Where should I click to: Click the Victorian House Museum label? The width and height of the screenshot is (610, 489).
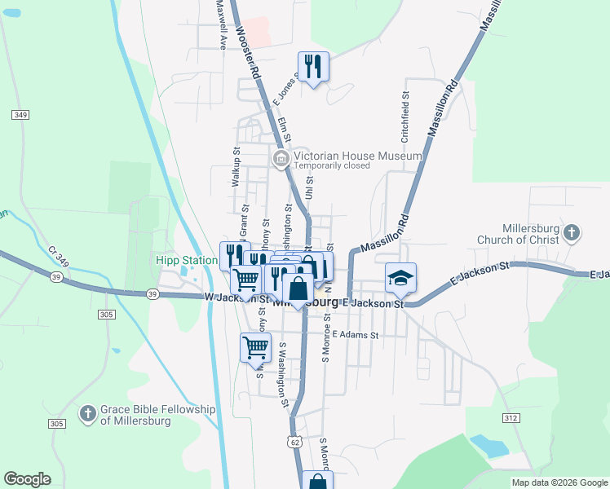(358, 156)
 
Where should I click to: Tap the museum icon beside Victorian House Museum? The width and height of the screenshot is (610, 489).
(281, 157)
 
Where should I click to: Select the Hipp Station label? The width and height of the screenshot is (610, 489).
(187, 261)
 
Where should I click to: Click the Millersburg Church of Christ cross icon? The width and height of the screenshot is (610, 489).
(572, 233)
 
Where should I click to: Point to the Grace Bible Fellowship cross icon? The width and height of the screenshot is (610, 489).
(87, 414)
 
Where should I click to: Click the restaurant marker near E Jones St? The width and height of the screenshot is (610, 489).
(313, 66)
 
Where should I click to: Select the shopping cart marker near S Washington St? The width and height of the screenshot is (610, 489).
(256, 347)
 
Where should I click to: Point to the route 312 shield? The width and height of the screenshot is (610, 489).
(511, 418)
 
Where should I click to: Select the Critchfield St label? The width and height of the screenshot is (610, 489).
(404, 114)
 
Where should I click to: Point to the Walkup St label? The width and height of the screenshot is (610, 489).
(236, 168)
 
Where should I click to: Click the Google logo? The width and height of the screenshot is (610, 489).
(27, 479)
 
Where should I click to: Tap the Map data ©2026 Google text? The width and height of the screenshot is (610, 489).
(559, 482)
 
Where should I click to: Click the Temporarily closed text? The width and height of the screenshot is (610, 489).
(332, 165)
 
